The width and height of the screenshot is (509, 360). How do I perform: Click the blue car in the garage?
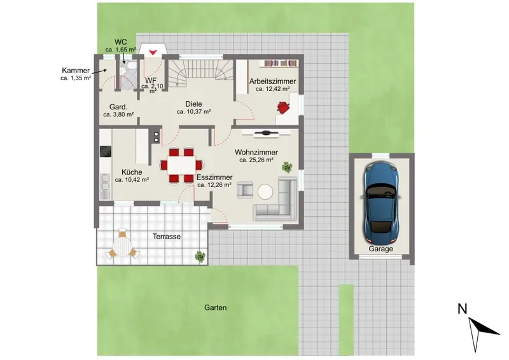click(380, 203)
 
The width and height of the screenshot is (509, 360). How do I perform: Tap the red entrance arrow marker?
click(153, 52)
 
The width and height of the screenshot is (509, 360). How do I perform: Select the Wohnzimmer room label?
click(256, 152)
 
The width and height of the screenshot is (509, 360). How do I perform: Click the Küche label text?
click(132, 172)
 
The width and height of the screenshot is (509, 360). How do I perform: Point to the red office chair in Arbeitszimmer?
click(283, 107)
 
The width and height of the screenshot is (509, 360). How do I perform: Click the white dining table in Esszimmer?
click(181, 165)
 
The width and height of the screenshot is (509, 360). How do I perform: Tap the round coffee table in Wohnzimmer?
click(265, 191)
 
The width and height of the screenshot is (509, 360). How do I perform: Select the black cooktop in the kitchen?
click(105, 151)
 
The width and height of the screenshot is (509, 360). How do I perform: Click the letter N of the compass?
click(463, 308)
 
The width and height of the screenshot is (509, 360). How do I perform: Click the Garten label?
click(215, 307)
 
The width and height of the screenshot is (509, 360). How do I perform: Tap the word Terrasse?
click(167, 237)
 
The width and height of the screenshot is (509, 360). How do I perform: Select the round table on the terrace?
click(122, 246)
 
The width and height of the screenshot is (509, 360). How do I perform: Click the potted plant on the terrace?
click(200, 257)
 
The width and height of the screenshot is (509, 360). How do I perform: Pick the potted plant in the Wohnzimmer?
click(287, 167)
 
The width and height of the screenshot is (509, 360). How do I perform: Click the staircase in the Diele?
click(200, 73)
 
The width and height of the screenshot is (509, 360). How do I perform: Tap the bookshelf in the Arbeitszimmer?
click(281, 64)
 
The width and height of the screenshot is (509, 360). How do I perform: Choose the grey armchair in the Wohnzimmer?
click(245, 190)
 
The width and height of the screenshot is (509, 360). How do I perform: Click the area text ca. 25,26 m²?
click(256, 160)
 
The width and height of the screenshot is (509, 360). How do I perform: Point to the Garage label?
click(380, 249)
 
